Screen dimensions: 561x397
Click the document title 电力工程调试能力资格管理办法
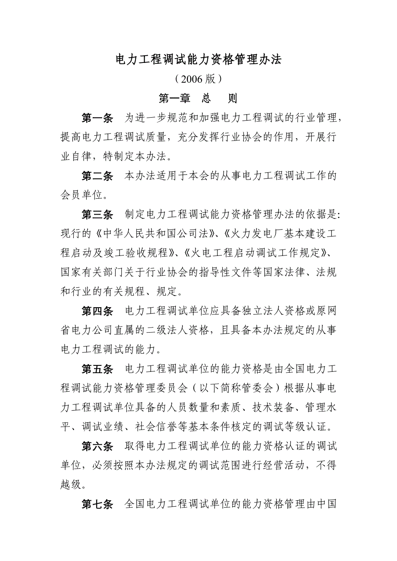point(198,59)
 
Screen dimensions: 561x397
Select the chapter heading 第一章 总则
point(198,98)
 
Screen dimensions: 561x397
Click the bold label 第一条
point(98,118)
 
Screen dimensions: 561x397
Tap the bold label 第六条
point(98,446)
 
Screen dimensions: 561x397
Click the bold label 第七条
point(98,503)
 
